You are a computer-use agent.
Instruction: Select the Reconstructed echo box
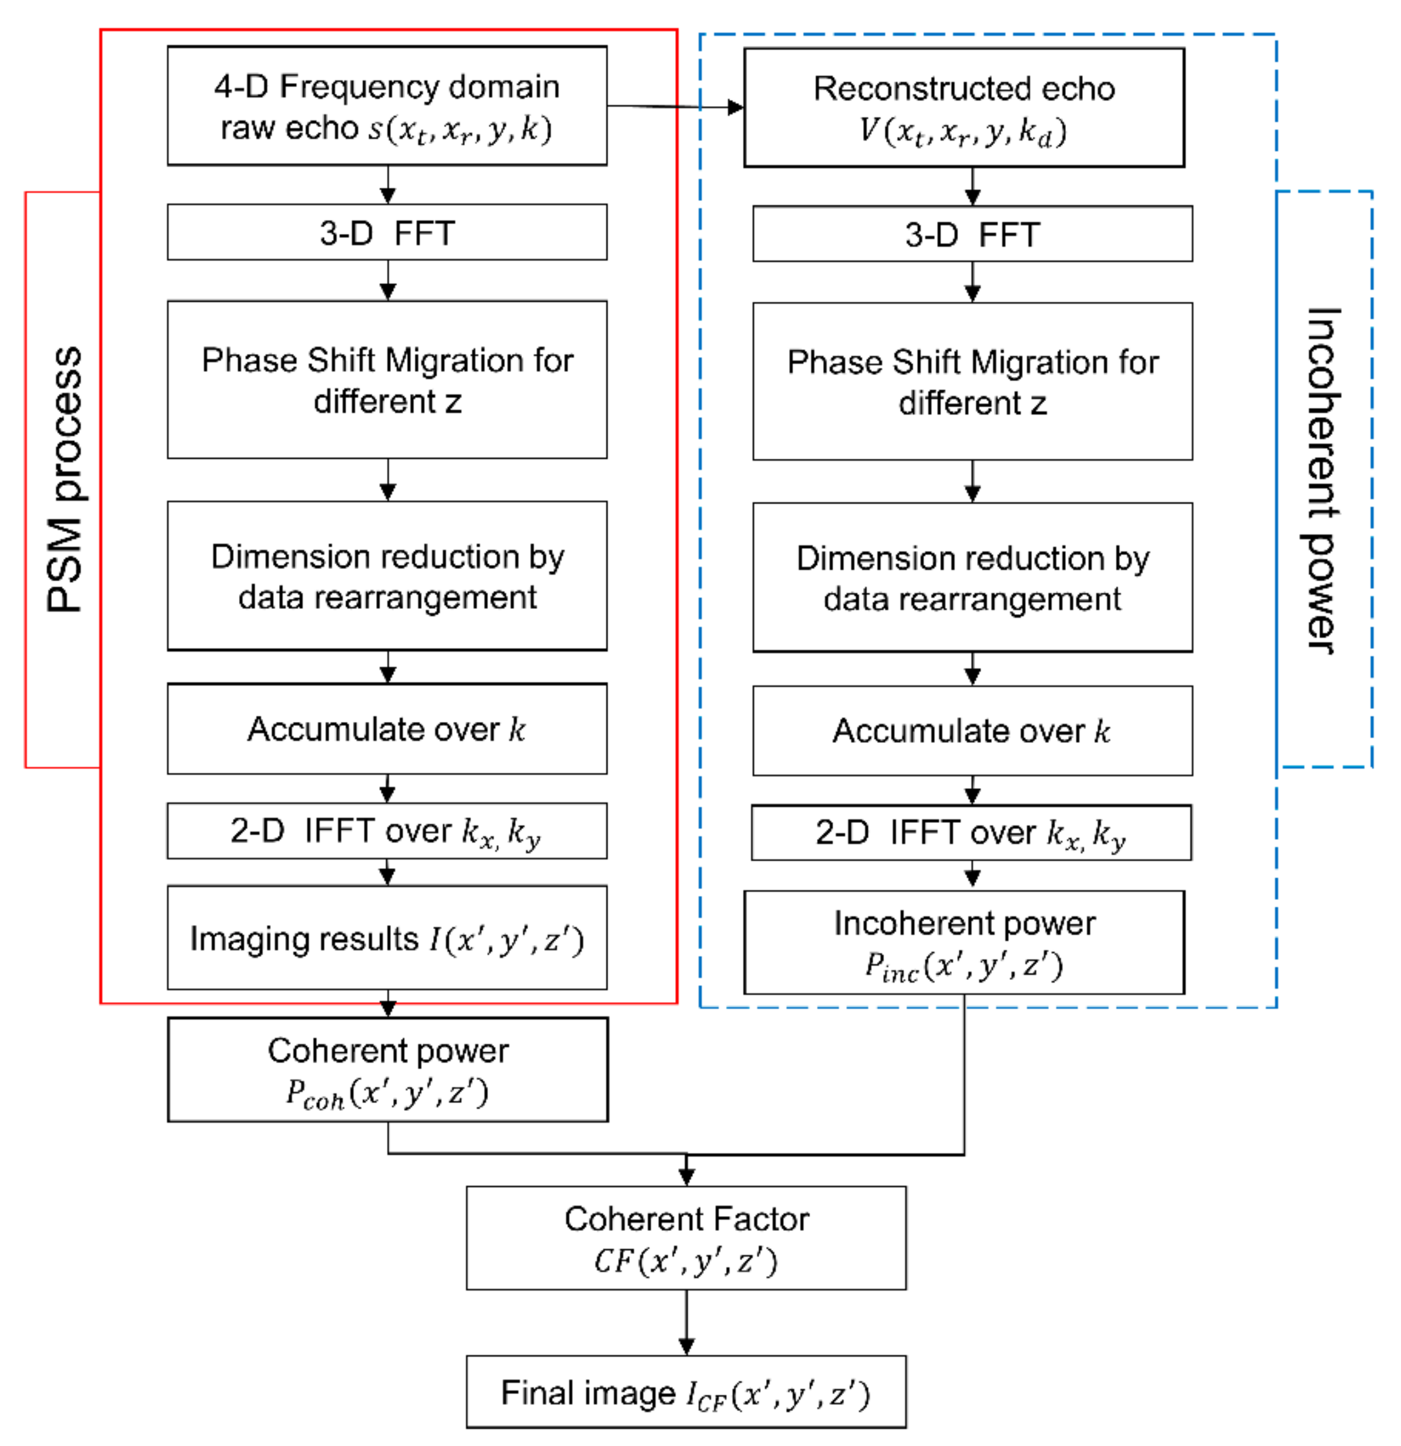(x=964, y=108)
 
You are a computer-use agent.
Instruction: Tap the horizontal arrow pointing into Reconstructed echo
(x=675, y=107)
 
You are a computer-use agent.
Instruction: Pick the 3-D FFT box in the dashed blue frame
(x=972, y=234)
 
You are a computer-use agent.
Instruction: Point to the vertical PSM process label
(x=65, y=480)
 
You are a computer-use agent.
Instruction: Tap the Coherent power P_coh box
(x=388, y=1070)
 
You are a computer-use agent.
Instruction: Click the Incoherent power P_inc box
(x=964, y=943)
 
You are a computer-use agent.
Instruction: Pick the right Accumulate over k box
(x=972, y=730)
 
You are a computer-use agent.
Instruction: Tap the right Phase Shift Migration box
(x=972, y=381)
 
